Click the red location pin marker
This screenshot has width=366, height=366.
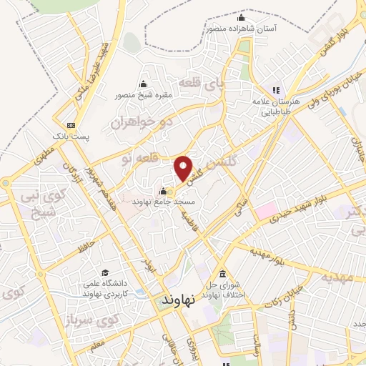click(x=184, y=167)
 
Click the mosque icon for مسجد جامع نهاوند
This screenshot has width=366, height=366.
click(x=164, y=191)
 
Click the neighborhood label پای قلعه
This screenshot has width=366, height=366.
click(x=194, y=85)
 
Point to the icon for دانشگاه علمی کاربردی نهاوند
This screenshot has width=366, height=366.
click(x=105, y=273)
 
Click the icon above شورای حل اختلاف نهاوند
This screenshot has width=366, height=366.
click(x=222, y=274)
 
